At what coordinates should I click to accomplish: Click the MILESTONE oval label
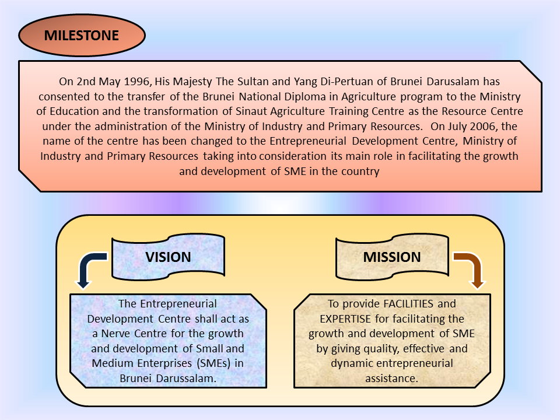(82, 36)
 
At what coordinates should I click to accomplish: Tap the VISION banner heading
(168, 257)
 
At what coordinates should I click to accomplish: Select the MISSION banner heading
(392, 257)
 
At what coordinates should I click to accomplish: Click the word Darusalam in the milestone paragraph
(470, 81)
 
